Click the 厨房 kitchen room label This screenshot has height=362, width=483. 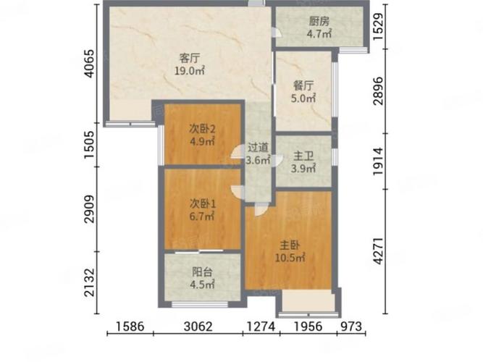(x=319, y=21)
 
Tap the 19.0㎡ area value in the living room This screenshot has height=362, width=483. (x=190, y=71)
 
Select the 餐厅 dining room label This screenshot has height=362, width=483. (x=303, y=85)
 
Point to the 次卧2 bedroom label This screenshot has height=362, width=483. (x=202, y=129)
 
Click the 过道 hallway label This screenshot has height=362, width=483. (x=258, y=148)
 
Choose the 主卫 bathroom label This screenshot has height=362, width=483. (x=303, y=156)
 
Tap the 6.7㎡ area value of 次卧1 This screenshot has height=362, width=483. (x=202, y=216)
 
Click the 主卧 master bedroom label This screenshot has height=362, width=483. (x=290, y=245)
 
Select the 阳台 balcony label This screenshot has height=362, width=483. (x=202, y=272)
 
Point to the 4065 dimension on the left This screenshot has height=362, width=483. (x=89, y=63)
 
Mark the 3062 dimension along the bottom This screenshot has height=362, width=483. (x=198, y=327)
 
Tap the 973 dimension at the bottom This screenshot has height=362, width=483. (x=351, y=327)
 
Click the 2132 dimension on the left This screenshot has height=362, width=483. (x=89, y=282)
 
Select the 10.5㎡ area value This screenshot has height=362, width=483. (x=290, y=258)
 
